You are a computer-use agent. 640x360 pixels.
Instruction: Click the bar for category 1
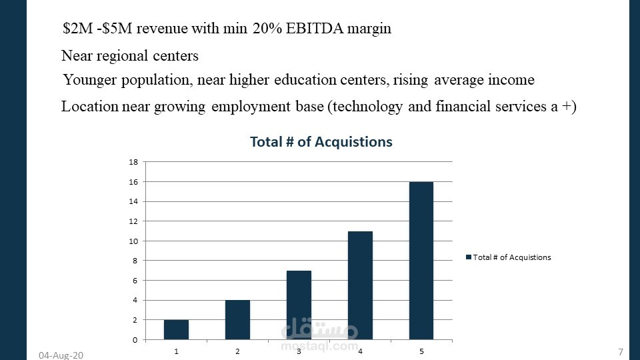click(176, 329)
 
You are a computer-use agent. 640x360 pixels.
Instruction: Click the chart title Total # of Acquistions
click(321, 142)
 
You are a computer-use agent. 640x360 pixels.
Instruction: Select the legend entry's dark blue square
click(469, 257)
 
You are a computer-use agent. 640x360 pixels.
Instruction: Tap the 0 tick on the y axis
click(135, 340)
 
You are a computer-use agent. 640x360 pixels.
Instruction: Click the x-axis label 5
click(421, 351)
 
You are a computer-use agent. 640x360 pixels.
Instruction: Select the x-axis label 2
click(237, 351)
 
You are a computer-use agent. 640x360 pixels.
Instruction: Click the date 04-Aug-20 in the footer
click(61, 355)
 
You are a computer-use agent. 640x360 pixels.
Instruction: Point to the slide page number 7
click(621, 351)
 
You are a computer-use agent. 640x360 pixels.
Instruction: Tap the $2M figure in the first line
click(75, 29)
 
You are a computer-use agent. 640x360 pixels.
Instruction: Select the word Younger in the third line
click(91, 80)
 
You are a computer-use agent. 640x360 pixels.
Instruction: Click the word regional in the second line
click(129, 55)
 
